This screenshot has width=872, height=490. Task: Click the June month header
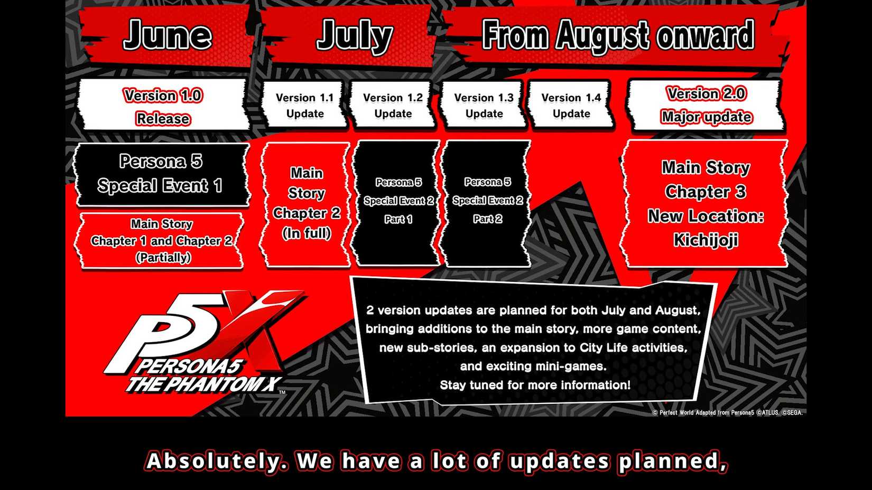coord(167,36)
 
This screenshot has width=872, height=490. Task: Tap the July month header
coord(354,36)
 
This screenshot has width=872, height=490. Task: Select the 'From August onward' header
coord(617,36)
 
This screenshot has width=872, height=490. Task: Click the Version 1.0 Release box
coord(163,106)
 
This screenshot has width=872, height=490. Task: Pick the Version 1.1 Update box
coord(305,106)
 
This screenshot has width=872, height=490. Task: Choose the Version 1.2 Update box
coord(393,106)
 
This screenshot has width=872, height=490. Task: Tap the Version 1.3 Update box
coord(484,106)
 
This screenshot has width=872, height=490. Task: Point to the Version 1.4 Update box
coord(571,106)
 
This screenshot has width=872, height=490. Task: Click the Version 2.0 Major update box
coord(706,105)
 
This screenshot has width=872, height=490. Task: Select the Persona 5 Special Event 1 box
coord(161,174)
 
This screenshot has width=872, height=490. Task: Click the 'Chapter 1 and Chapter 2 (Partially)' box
coord(162,241)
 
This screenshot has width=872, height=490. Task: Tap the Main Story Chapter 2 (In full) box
coord(307,203)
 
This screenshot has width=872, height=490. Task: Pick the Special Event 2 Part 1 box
coord(398,201)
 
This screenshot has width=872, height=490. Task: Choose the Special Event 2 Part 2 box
coord(487,201)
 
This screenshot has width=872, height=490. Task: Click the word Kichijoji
coord(706,240)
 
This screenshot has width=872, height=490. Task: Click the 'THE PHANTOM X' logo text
coord(203,384)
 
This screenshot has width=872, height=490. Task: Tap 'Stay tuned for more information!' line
coord(535,385)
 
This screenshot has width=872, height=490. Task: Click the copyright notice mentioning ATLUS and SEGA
coord(727,413)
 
